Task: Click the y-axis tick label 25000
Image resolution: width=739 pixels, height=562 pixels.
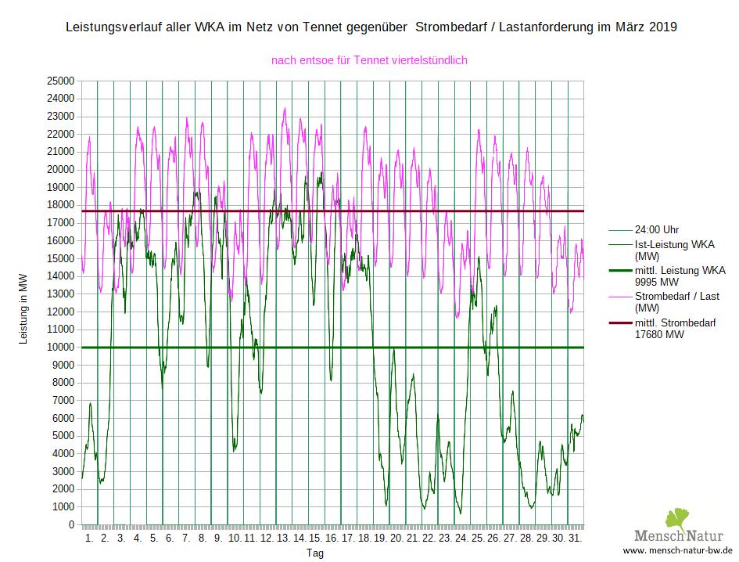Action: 60,81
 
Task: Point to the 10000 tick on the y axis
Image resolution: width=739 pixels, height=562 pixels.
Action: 60,348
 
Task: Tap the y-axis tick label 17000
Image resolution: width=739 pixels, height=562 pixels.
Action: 60,223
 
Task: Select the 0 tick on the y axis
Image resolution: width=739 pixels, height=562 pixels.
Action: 70,525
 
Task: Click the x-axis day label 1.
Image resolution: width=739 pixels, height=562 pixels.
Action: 88,539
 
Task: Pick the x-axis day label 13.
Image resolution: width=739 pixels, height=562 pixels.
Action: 284,539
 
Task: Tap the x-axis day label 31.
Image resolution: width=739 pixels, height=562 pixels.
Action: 576,539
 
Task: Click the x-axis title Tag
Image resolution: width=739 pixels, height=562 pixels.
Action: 314,553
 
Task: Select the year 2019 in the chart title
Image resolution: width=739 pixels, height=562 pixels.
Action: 662,27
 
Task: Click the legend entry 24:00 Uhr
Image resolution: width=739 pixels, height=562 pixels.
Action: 657,230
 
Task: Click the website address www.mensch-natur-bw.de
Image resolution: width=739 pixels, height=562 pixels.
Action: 677,550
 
